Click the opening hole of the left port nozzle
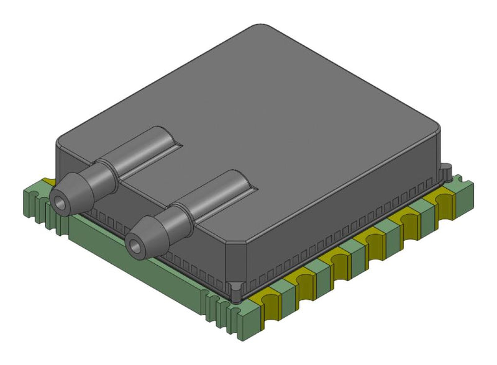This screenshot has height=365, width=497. pyautogui.click(x=60, y=203)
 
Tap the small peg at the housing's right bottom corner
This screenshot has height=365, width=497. pyautogui.click(x=445, y=168)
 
